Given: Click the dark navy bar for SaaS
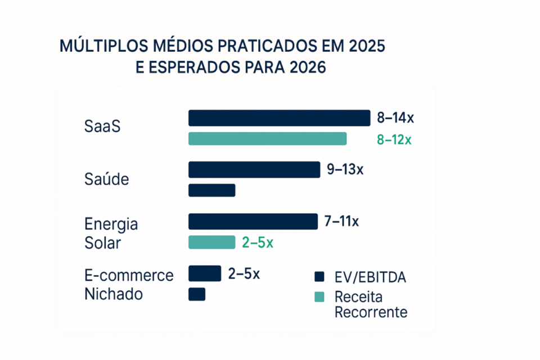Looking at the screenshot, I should [279, 118].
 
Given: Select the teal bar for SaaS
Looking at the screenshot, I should [267, 139].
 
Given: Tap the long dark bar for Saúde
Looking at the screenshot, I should [254, 170].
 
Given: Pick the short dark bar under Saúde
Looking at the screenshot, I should [211, 190].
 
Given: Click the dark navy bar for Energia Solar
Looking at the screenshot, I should [253, 222].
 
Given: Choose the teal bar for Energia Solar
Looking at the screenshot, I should [211, 242].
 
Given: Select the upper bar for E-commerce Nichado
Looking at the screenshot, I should [204, 273].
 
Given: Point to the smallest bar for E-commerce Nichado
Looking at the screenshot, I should [197, 294].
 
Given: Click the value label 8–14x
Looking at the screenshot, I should [395, 118].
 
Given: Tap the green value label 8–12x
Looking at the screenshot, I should [394, 139].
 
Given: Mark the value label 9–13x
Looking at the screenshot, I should [345, 169].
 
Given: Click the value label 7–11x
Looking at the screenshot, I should [341, 222].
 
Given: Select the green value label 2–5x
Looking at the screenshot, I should [257, 243].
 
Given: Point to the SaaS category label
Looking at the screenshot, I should [102, 127].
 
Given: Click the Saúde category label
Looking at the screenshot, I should [106, 179].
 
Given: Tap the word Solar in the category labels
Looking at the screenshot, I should [102, 244].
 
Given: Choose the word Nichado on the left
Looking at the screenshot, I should [113, 294].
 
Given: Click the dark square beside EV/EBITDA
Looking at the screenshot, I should [319, 276].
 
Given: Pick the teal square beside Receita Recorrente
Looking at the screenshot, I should [319, 296].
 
